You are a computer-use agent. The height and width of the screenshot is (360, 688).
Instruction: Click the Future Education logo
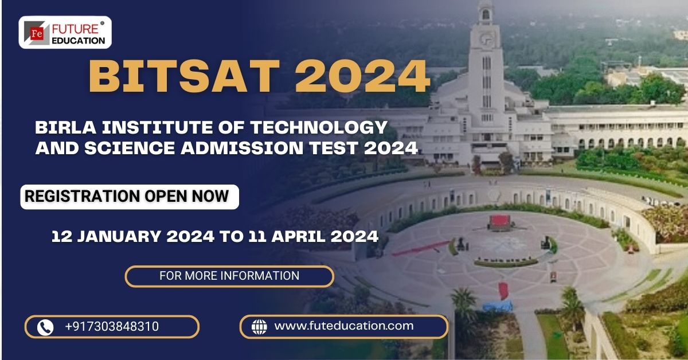point(65,32)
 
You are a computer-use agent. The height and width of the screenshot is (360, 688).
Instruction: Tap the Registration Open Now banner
point(127,196)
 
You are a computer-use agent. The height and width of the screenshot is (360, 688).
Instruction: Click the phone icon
point(45,327)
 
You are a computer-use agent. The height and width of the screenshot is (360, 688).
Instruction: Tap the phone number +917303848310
point(112,327)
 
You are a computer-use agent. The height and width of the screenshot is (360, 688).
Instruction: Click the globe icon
point(259,327)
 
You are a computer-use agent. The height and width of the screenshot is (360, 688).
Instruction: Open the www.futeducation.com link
point(344,326)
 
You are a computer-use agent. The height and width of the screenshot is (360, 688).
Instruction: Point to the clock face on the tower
point(486,39)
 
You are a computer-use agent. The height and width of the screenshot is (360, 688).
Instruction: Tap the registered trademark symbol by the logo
point(102,24)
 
